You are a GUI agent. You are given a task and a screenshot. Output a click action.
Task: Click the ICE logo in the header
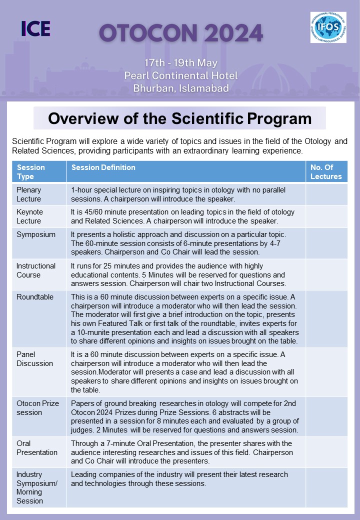[35, 28]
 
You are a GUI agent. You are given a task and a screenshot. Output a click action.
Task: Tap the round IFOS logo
[327, 27]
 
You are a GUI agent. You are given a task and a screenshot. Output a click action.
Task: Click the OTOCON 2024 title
[181, 33]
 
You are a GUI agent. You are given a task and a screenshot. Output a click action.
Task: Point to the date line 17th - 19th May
[181, 63]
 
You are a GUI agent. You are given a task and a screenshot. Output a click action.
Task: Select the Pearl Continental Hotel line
[181, 76]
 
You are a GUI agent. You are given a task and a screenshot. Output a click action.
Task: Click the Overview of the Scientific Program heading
[179, 118]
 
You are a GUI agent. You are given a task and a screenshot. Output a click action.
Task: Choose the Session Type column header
[31, 171]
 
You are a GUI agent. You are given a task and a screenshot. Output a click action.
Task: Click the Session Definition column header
[103, 167]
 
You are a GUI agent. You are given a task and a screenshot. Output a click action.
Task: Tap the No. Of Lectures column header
[326, 171]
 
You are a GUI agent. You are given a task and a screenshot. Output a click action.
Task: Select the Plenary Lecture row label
[29, 194]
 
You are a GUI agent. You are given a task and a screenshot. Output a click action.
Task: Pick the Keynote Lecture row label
[30, 216]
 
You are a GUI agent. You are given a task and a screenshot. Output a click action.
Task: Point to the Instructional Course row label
[35, 270]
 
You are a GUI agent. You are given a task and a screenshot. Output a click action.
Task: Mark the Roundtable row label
[34, 296]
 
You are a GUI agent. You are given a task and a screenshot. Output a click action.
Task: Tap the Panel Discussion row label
[34, 359]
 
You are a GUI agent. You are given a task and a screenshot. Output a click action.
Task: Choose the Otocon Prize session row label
[37, 408]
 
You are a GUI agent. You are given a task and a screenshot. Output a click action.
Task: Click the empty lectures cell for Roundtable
[326, 318]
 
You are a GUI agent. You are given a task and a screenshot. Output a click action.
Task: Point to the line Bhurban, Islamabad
[181, 88]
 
